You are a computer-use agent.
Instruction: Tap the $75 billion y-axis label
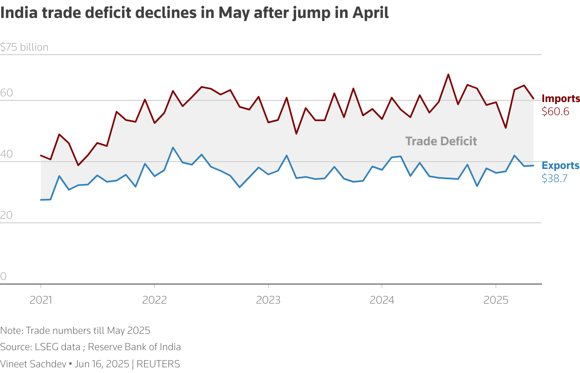coord(25,47)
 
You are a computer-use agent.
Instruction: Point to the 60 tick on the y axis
coord(7,93)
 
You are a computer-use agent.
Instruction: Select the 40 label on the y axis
coord(7,155)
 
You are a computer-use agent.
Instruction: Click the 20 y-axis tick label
coord(7,215)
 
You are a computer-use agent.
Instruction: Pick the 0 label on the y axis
coord(3,277)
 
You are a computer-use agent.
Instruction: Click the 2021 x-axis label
coord(41,300)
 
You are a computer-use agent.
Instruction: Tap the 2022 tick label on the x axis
coord(154,300)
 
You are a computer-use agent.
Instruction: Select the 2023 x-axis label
coord(268,300)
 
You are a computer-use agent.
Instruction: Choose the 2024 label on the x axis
coord(382,300)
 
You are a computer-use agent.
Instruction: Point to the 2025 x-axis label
coord(496,300)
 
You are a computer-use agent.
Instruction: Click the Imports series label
coord(560,99)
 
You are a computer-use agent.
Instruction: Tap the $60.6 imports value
coord(555,111)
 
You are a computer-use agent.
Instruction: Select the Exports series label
coord(560,166)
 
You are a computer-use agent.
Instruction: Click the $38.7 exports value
coord(554,178)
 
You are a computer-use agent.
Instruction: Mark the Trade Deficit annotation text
coord(441,141)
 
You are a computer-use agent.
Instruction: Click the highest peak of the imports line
coord(448,75)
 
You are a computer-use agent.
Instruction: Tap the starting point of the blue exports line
coord(41,200)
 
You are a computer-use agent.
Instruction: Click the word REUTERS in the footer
coord(158,364)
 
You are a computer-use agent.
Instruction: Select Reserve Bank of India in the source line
coord(134,347)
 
